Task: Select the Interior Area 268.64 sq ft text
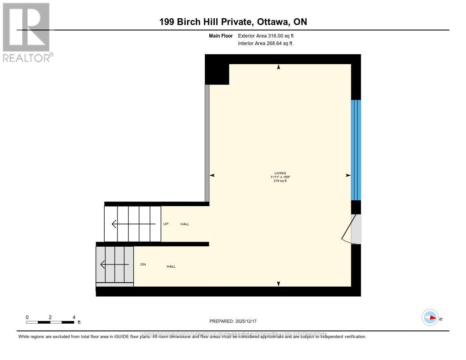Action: click(265, 44)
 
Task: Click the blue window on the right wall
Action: click(356, 150)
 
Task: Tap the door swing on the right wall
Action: click(351, 229)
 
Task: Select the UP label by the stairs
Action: click(166, 224)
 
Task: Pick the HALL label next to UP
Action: click(185, 224)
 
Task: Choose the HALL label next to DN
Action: click(171, 266)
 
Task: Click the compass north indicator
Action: click(431, 318)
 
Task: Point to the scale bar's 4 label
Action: click(74, 317)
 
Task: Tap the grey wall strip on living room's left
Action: click(207, 143)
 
